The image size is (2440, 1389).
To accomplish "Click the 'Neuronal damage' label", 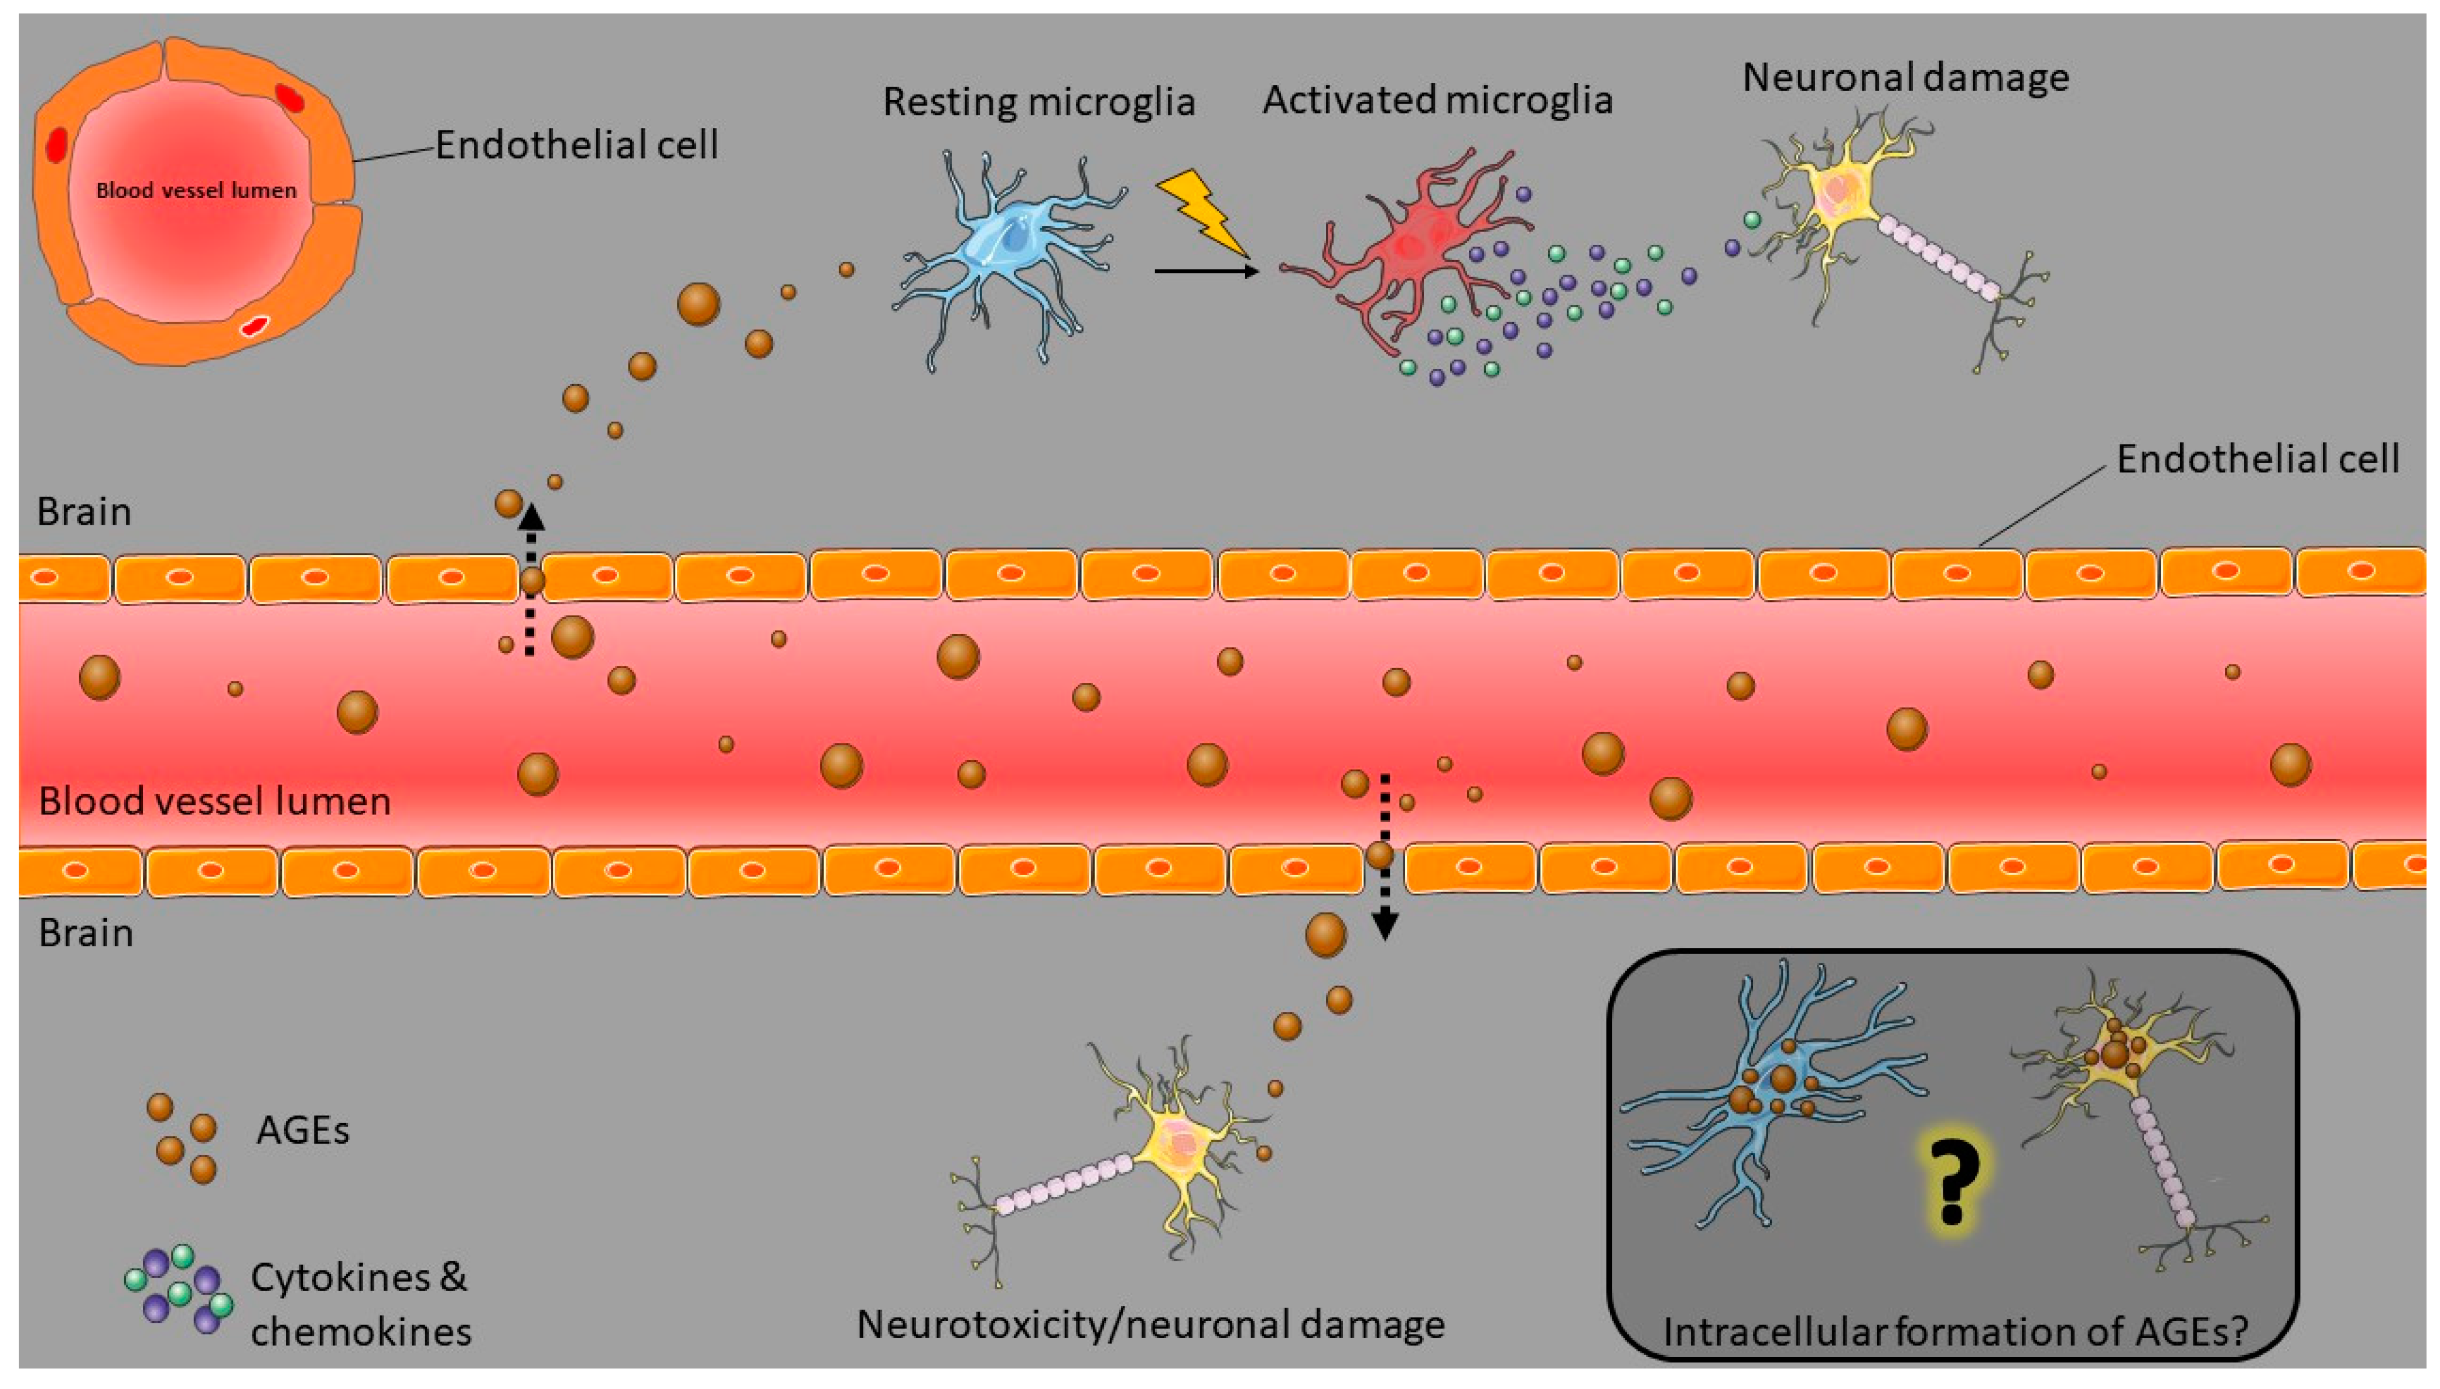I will coord(1905,77).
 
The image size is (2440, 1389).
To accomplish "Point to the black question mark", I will coord(1952,1182).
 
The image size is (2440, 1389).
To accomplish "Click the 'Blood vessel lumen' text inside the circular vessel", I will coord(196,190).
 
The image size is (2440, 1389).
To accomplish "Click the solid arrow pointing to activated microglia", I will coord(1206,271).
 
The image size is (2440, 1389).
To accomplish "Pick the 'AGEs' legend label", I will coord(302,1131).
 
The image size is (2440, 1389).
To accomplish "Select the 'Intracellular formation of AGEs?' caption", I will coord(1956,1331).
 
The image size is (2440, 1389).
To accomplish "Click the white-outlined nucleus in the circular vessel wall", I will coord(253,326).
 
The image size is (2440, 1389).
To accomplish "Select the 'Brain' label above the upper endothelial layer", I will coord(84,512).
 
